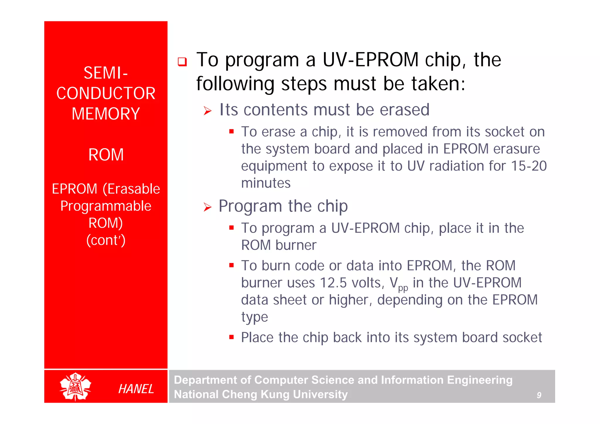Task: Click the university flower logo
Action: click(x=75, y=387)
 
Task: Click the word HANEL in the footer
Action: click(x=136, y=389)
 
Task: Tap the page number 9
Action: click(x=539, y=395)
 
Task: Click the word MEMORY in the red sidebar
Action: click(x=106, y=114)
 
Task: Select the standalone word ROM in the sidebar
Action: click(x=106, y=155)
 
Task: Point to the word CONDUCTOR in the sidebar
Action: click(x=106, y=93)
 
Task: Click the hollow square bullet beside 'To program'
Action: click(x=182, y=62)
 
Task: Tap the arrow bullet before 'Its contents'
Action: click(x=207, y=111)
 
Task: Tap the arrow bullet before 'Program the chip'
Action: click(x=207, y=207)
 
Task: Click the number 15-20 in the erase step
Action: click(x=529, y=166)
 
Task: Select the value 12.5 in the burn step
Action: click(x=333, y=283)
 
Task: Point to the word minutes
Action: click(x=266, y=183)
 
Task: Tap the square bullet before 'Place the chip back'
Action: click(x=231, y=337)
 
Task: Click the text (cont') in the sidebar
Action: click(x=106, y=240)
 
